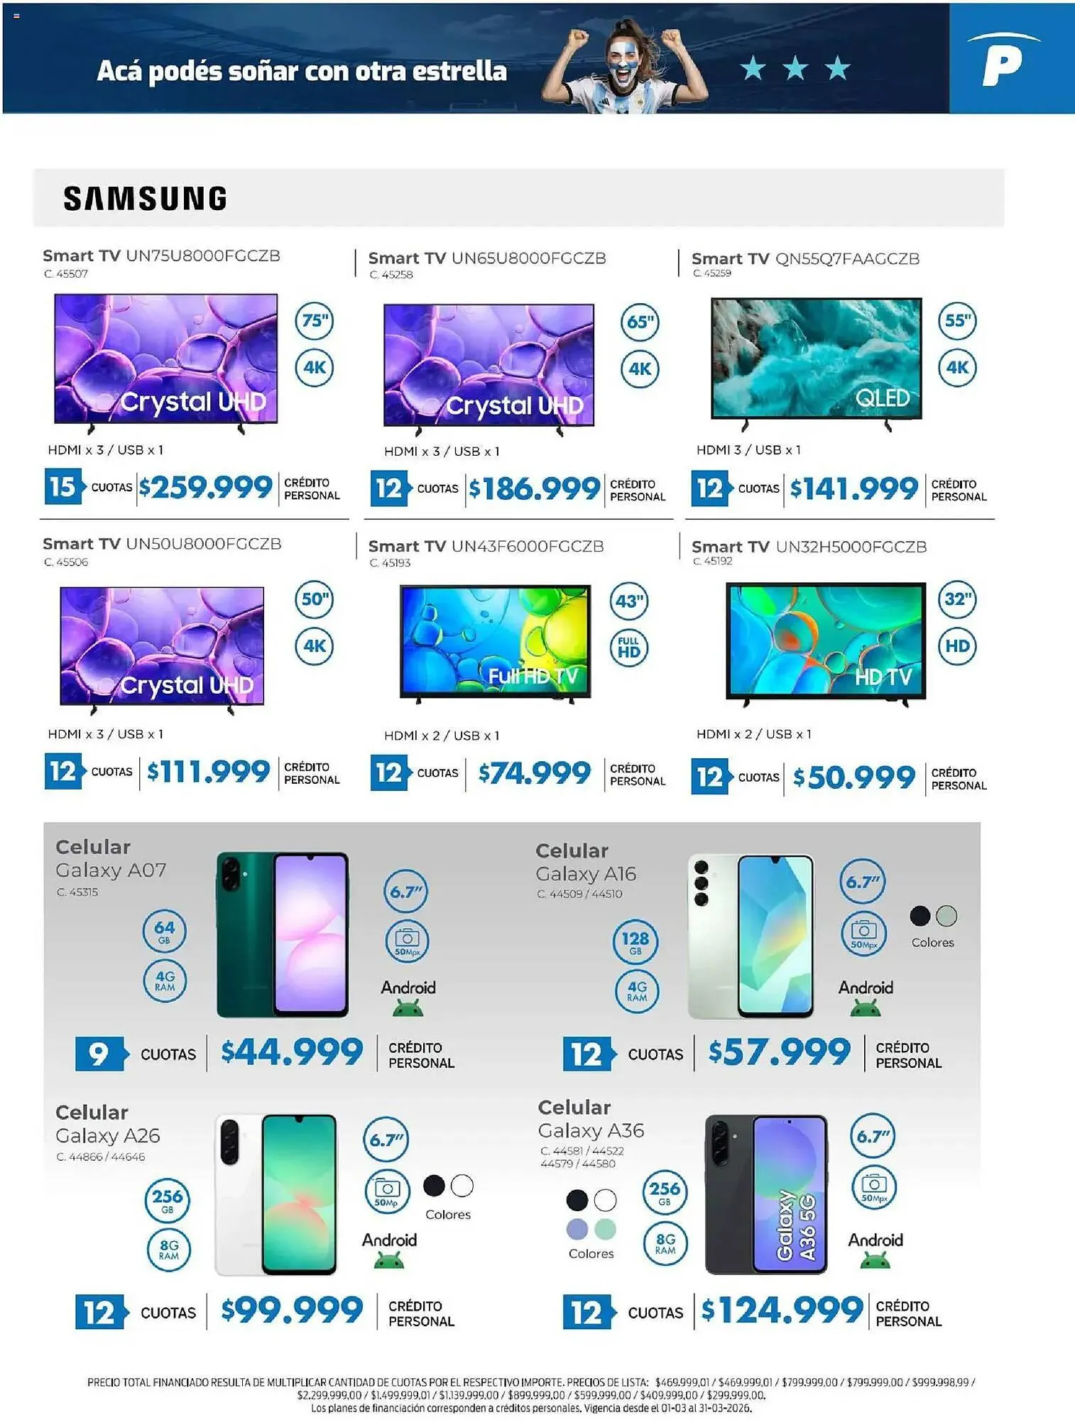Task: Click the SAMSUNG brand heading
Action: pyautogui.click(x=146, y=198)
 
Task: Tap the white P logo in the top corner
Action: pyautogui.click(x=1003, y=60)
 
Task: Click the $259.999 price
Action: pyautogui.click(x=206, y=487)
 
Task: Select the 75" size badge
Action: pyautogui.click(x=315, y=321)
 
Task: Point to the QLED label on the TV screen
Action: pyautogui.click(x=883, y=398)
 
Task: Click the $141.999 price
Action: pyautogui.click(x=854, y=488)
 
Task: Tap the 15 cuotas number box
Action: pyautogui.click(x=62, y=487)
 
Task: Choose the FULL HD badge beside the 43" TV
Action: pyautogui.click(x=629, y=648)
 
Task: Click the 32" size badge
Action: pyautogui.click(x=957, y=599)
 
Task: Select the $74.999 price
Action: pyautogui.click(x=534, y=772)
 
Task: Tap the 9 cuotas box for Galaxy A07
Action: pyautogui.click(x=99, y=1054)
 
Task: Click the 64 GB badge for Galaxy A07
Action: pyautogui.click(x=164, y=932)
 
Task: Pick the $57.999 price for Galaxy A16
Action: pyautogui.click(x=779, y=1052)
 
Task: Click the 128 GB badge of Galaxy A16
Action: pyautogui.click(x=635, y=942)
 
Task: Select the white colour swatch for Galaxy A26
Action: pyautogui.click(x=462, y=1185)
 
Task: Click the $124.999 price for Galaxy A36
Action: pyautogui.click(x=782, y=1311)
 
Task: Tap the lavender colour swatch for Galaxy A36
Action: pyautogui.click(x=577, y=1228)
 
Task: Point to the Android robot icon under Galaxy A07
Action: pyautogui.click(x=408, y=1007)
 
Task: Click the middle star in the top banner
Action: pyautogui.click(x=795, y=69)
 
